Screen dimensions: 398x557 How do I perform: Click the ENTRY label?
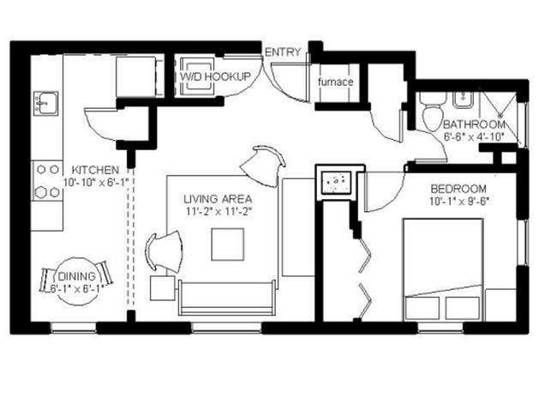point(282,53)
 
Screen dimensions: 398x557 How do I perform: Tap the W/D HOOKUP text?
point(215,77)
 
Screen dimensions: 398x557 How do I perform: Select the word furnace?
point(336,82)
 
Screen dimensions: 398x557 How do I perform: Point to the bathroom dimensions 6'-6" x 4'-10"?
point(474,136)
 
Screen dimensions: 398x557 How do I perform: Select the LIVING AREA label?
point(217,199)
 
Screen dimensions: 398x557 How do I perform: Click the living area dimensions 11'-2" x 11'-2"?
point(217,211)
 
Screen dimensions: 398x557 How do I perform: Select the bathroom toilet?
point(434,112)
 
